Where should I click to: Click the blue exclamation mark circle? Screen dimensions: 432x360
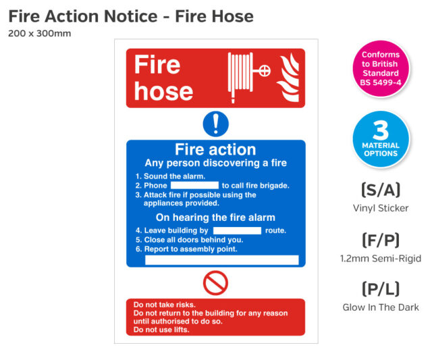tap(216, 124)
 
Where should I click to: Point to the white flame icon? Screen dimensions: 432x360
tap(288, 78)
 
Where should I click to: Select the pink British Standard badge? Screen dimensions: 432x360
tap(381, 69)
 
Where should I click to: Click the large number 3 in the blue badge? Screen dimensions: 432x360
tap(381, 130)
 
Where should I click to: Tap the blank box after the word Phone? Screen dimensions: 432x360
tap(194, 185)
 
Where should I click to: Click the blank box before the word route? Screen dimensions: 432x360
tap(237, 230)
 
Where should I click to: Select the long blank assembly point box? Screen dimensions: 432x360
tap(222, 260)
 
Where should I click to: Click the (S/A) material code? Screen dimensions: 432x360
tap(381, 190)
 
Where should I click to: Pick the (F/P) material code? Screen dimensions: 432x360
tap(381, 240)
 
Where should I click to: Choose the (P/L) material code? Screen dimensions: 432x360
tap(381, 289)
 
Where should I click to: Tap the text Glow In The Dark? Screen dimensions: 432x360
tap(381, 307)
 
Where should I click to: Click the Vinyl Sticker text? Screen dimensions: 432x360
tap(381, 208)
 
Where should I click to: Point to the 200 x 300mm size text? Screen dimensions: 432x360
tap(40, 33)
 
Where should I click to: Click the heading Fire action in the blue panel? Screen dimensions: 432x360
tap(215, 149)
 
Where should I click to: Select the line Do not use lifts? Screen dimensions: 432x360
tap(161, 330)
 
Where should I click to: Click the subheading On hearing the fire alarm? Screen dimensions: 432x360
tap(215, 217)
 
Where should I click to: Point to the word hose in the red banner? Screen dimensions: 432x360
tap(163, 92)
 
